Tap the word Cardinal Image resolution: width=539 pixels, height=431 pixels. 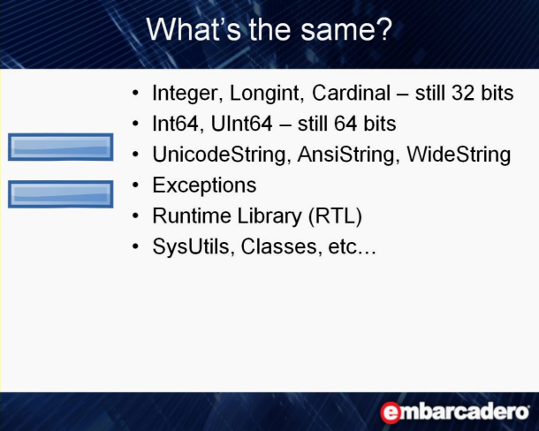click(351, 93)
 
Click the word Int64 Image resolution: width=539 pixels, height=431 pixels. click(176, 124)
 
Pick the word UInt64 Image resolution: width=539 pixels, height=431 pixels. click(241, 124)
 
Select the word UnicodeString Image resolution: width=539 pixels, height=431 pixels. click(219, 155)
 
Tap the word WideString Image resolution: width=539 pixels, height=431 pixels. click(459, 155)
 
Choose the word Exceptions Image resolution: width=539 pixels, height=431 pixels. click(204, 185)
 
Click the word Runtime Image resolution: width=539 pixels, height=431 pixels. click(192, 215)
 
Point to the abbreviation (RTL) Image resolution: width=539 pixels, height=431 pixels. click(335, 215)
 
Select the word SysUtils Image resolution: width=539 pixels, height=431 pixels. click(191, 246)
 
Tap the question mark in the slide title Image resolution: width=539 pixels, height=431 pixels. click(384, 29)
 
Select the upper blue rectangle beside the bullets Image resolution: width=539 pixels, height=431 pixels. click(60, 147)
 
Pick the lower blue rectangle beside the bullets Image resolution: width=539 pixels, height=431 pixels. click(60, 194)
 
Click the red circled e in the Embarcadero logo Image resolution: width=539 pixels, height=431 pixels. click(391, 412)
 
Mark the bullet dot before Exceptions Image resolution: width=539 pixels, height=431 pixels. click(135, 185)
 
